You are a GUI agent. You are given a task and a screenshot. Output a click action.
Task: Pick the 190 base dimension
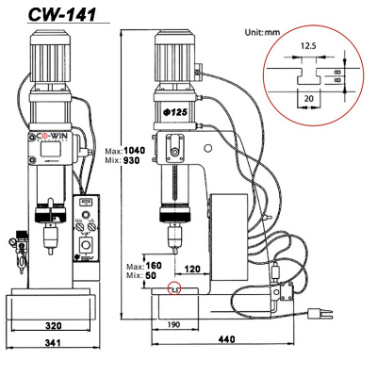pyautogui.click(x=172, y=325)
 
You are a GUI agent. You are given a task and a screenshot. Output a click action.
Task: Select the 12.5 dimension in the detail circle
pyautogui.click(x=309, y=43)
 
